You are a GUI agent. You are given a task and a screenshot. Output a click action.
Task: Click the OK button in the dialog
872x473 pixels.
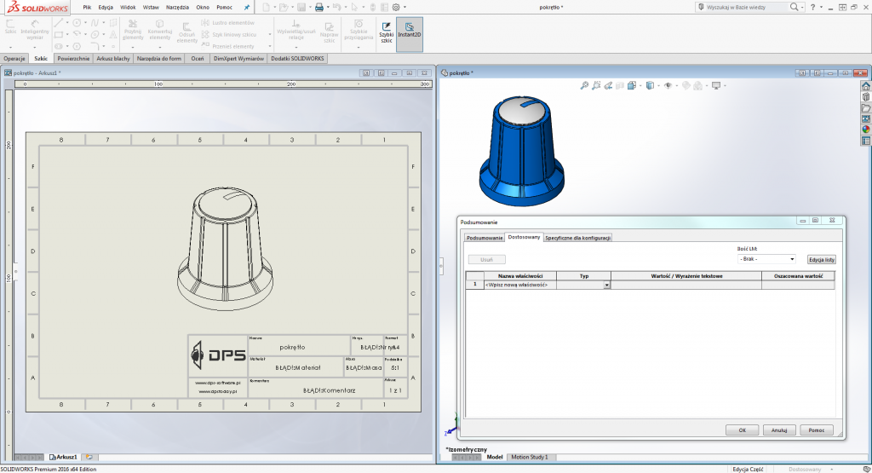(x=742, y=430)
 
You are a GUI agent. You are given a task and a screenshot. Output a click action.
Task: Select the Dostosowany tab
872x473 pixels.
(x=524, y=237)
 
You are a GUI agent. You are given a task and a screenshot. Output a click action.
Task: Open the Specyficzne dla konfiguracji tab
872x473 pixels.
(x=578, y=238)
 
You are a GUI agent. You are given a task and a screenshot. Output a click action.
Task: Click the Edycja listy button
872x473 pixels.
(x=821, y=258)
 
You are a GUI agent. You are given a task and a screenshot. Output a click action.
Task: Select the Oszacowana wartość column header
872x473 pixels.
(x=798, y=276)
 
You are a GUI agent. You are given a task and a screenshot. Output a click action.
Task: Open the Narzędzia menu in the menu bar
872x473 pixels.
(x=177, y=7)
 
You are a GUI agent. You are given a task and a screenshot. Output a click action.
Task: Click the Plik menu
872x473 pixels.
(x=87, y=7)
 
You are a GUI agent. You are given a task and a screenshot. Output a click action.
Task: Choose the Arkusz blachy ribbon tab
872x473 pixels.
(x=112, y=59)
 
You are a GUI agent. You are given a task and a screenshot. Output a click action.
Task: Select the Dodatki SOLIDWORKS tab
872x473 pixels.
(x=298, y=59)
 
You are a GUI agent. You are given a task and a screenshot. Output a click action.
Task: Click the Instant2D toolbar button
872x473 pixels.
(x=409, y=34)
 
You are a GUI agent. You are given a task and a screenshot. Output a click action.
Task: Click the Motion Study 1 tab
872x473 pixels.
(x=529, y=458)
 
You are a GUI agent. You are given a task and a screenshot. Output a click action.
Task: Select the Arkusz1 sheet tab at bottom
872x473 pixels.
(x=64, y=458)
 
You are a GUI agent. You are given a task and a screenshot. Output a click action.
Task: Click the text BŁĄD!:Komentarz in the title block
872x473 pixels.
(x=329, y=389)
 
